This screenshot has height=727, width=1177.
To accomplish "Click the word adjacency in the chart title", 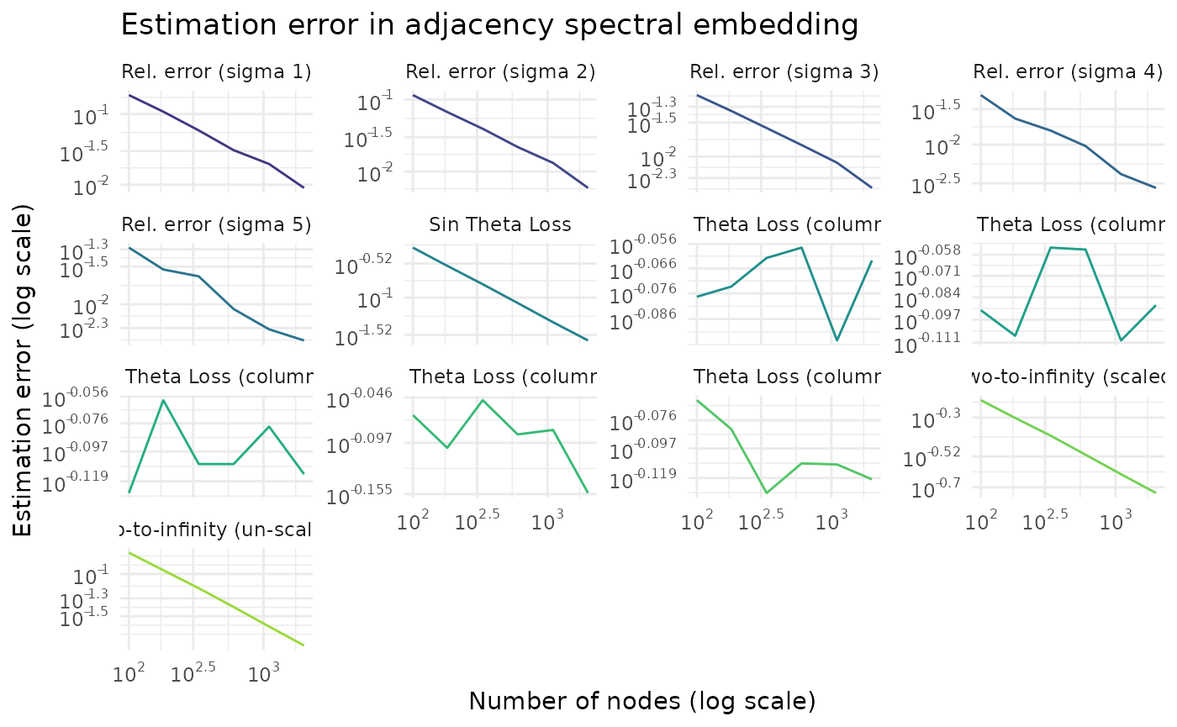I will coord(450,25).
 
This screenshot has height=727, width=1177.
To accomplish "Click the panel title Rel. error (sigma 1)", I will coord(216,72).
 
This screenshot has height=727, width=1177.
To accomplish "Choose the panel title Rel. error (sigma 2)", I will coord(500,72).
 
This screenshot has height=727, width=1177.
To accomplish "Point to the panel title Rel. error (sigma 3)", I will coord(784,72).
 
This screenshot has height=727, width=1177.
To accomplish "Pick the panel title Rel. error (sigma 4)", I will coord(1068,72).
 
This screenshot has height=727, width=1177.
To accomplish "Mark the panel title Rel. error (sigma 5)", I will coord(216,224).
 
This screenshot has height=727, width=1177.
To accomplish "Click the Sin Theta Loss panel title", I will coord(500,224).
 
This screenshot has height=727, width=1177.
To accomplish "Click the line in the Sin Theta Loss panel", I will coord(500,294).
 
